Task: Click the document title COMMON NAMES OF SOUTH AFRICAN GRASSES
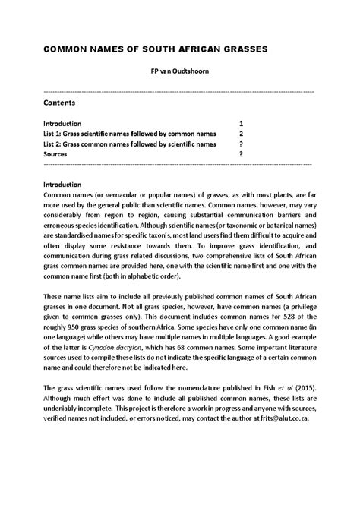click(x=155, y=49)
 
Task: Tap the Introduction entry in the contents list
click(x=67, y=123)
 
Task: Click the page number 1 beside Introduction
click(x=241, y=123)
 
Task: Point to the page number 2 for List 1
click(x=241, y=133)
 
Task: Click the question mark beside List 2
click(x=241, y=144)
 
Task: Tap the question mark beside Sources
click(x=241, y=153)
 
